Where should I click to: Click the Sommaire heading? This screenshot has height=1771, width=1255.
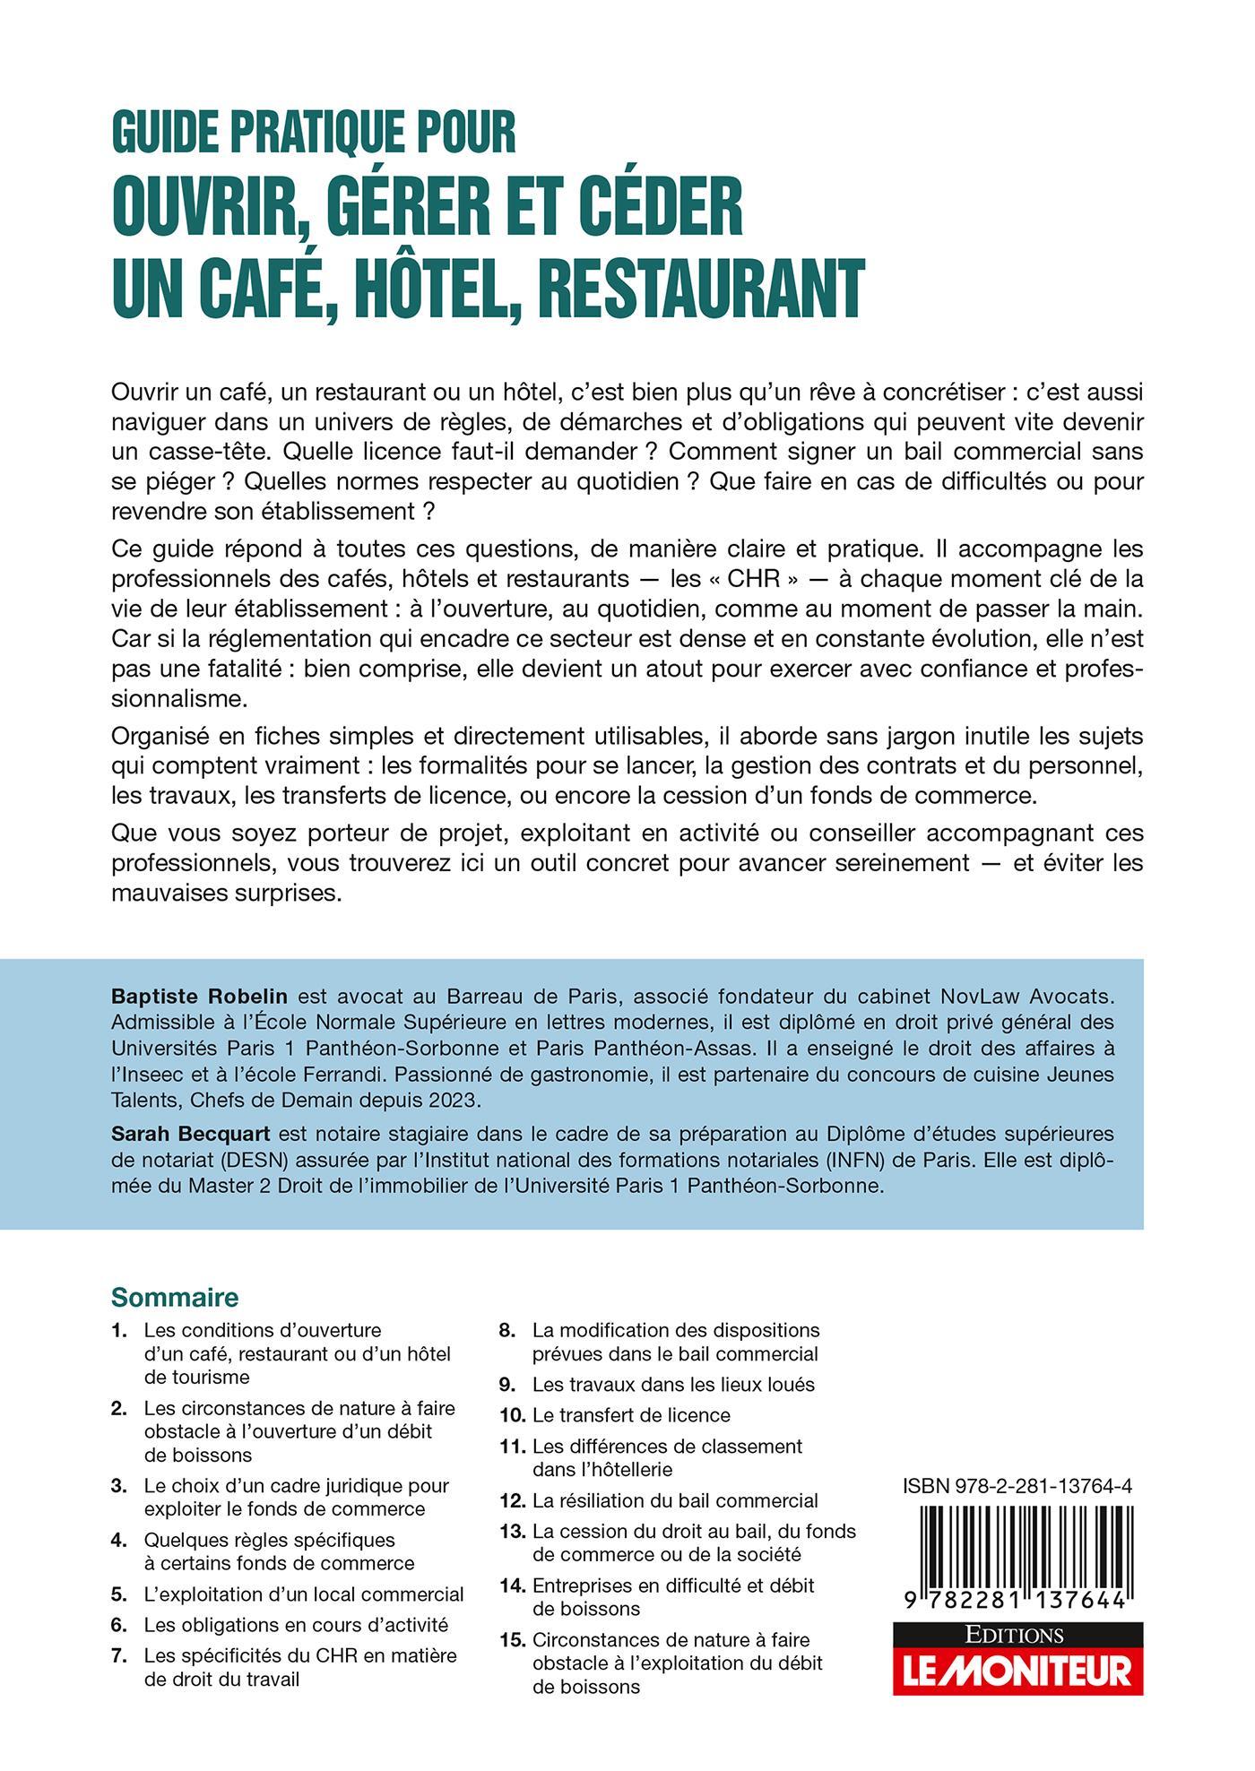click(175, 1297)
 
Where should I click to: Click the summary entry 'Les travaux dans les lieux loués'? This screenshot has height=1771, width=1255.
click(673, 1384)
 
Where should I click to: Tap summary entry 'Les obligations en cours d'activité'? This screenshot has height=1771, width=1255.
click(296, 1624)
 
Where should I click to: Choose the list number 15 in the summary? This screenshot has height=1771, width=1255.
click(511, 1640)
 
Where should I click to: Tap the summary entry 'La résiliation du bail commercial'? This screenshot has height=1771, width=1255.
click(675, 1499)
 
